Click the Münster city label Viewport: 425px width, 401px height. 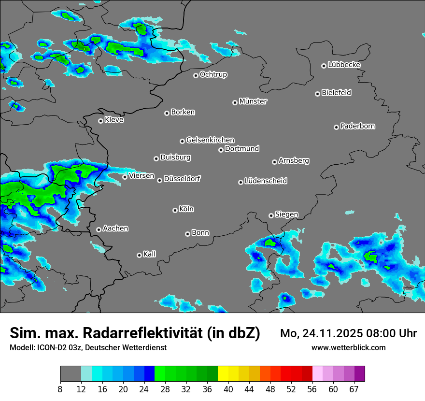coord(253,101)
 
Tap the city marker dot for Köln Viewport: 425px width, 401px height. coord(175,210)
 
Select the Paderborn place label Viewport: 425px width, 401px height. coord(358,126)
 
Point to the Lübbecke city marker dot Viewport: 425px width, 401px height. coord(324,66)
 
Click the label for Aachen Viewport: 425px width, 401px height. coord(115,229)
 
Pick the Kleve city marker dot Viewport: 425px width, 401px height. coord(100,121)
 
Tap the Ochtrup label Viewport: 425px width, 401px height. coord(213,74)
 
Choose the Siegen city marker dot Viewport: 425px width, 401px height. coord(271,215)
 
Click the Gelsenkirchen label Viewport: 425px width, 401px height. coord(210,140)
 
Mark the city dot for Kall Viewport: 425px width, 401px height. coord(139,255)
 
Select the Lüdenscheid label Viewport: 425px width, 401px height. coord(266,181)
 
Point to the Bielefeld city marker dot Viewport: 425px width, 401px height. coord(318,94)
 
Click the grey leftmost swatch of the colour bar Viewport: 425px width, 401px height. coord(71,374)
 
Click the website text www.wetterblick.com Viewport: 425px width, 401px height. coord(348,348)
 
